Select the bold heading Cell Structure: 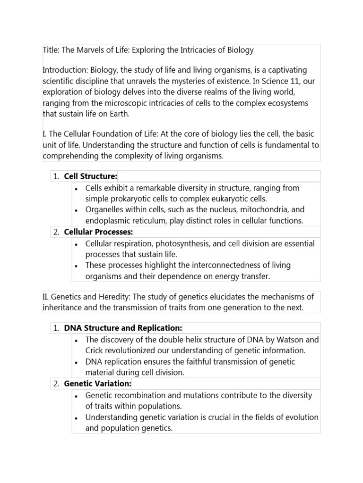click(x=90, y=176)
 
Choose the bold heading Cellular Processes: click(x=98, y=232)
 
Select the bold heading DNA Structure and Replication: click(x=123, y=328)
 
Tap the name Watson click(x=290, y=340)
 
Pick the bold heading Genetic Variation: click(x=97, y=384)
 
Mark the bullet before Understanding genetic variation click(x=76, y=418)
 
